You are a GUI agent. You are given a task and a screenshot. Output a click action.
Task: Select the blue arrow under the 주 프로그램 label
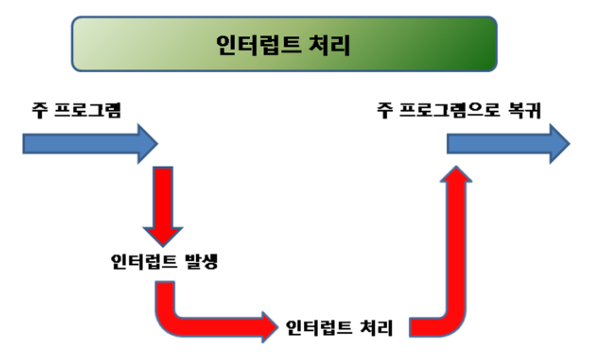tap(90, 144)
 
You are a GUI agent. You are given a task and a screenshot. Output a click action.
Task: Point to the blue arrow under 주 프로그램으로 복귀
tap(507, 144)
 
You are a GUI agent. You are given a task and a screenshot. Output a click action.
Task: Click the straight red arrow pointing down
tap(164, 203)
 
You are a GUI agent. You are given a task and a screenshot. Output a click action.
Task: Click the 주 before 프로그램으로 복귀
tap(383, 111)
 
